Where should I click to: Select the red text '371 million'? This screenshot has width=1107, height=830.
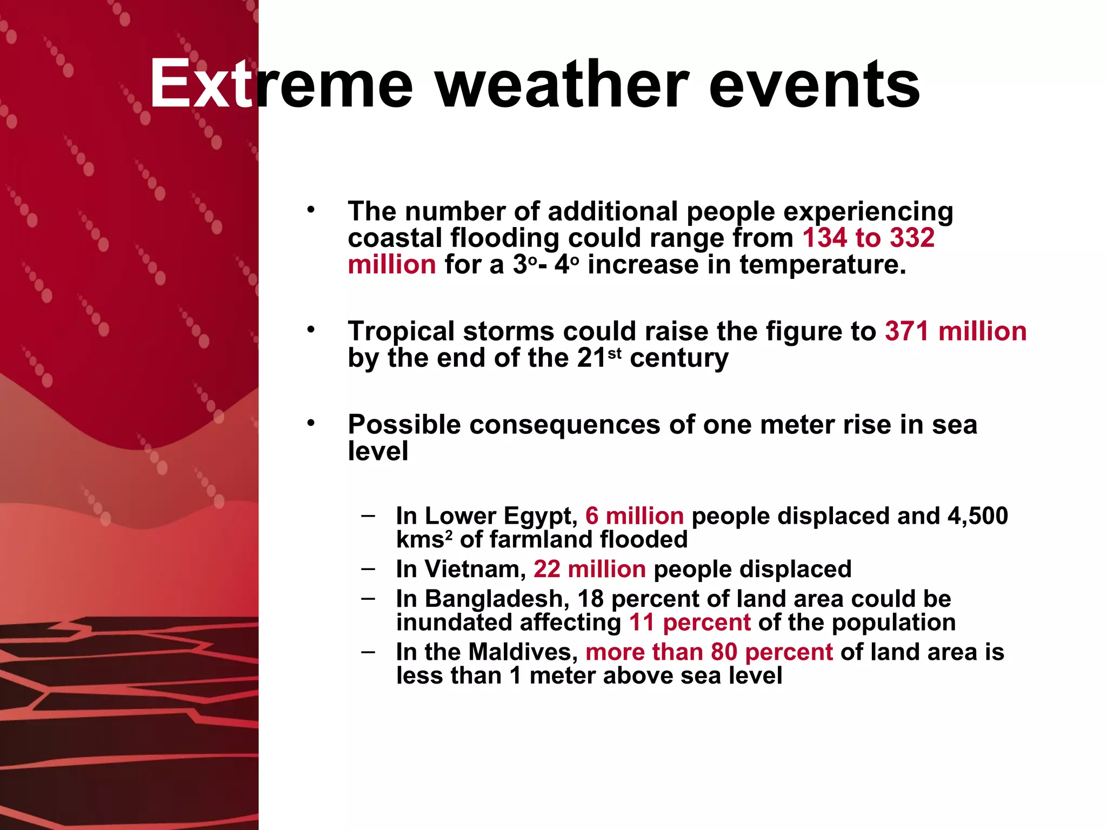[955, 331]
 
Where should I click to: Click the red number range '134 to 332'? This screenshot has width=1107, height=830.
[868, 238]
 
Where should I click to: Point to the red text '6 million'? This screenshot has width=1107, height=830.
[634, 516]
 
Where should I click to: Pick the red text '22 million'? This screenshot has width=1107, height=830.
[589, 569]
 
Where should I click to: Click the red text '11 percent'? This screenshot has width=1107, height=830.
[690, 622]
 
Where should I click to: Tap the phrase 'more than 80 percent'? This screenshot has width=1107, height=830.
[709, 652]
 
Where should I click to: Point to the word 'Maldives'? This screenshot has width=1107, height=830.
[523, 652]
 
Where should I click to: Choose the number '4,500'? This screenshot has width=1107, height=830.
[977, 516]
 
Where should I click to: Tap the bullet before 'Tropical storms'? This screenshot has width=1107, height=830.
[310, 329]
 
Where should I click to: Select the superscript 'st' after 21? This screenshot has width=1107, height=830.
[615, 353]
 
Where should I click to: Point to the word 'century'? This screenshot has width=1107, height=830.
[679, 358]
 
